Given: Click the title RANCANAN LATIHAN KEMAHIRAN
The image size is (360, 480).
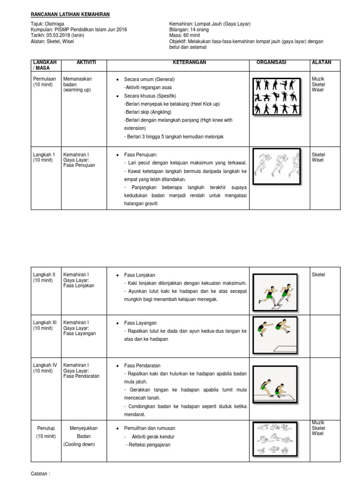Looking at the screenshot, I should pyautogui.click(x=70, y=15).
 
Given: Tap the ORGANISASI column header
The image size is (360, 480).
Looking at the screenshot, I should pyautogui.click(x=271, y=62).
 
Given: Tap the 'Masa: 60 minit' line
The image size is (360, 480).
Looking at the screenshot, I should pyautogui.click(x=186, y=35).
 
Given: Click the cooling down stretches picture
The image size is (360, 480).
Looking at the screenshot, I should pyautogui.click(x=277, y=438).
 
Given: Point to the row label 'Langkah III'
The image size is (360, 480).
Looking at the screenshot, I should pyautogui.click(x=45, y=322).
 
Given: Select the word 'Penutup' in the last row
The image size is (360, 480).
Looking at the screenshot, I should pyautogui.click(x=46, y=428).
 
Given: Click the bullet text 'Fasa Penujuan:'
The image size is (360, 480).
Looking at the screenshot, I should pyautogui.click(x=141, y=155).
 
